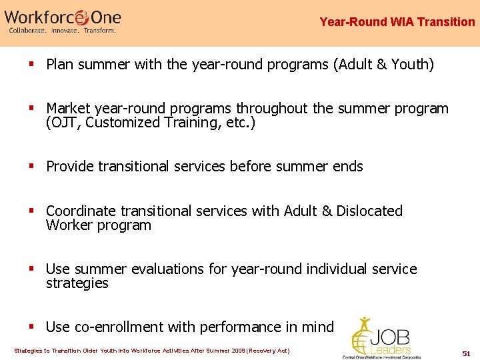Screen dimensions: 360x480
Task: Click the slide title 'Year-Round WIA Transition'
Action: [397, 22]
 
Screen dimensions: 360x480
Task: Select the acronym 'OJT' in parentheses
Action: [63, 123]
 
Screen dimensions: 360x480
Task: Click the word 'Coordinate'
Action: [81, 211]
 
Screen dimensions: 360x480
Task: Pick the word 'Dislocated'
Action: [369, 211]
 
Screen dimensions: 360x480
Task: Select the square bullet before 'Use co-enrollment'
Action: [32, 327]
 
